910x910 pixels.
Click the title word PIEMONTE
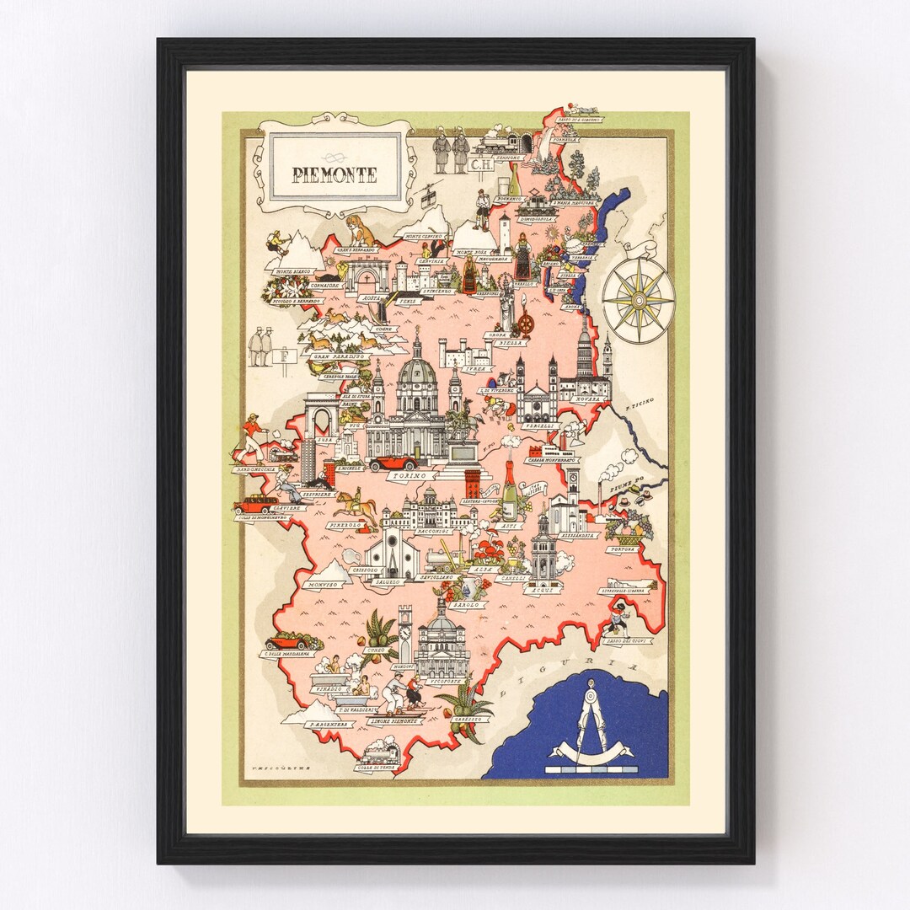tap(335, 175)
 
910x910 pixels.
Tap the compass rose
tap(638, 298)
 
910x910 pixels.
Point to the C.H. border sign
tap(481, 165)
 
